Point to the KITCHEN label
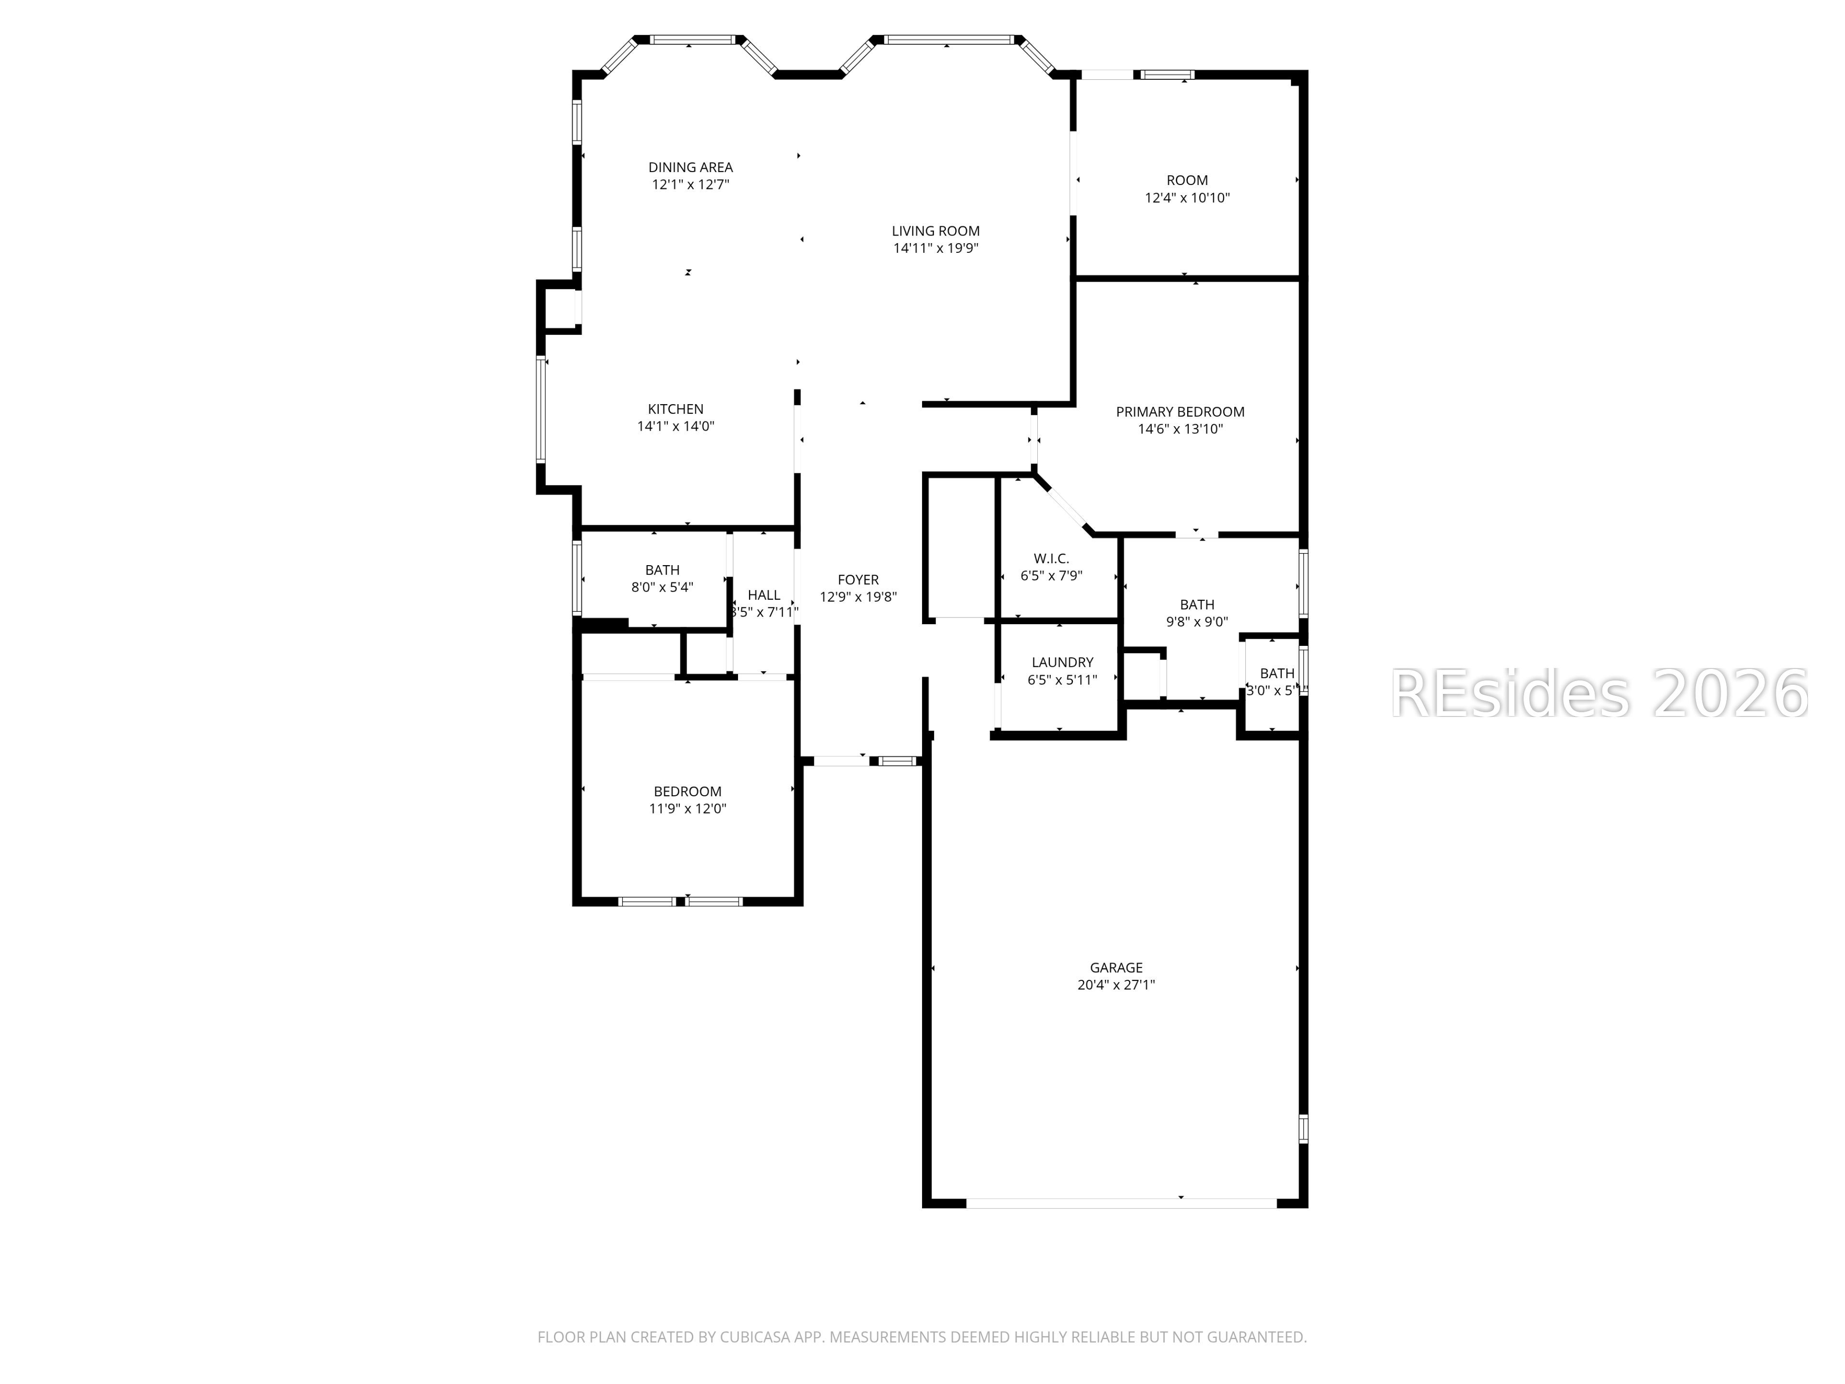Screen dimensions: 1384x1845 click(676, 409)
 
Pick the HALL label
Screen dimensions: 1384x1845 click(763, 595)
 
